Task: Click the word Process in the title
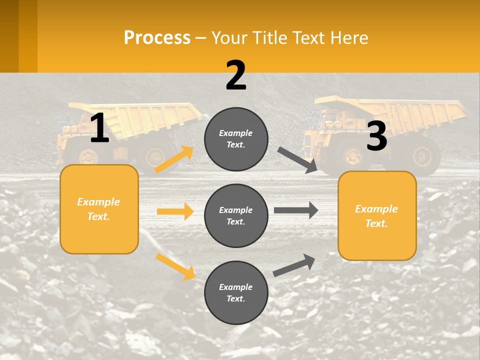click(x=157, y=37)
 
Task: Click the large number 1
click(x=99, y=128)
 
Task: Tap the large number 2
click(x=236, y=75)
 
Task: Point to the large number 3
click(x=377, y=136)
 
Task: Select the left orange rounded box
click(x=99, y=209)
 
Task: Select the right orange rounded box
click(x=377, y=215)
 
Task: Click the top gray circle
click(x=236, y=138)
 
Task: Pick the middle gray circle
click(x=236, y=215)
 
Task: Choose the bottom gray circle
click(x=236, y=292)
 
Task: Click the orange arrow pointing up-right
click(x=174, y=159)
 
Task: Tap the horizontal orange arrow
click(x=175, y=211)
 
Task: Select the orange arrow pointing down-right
click(x=175, y=266)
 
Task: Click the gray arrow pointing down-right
click(x=297, y=160)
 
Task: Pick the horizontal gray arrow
click(x=296, y=210)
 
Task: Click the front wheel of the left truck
click(x=88, y=156)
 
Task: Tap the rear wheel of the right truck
click(x=421, y=156)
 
